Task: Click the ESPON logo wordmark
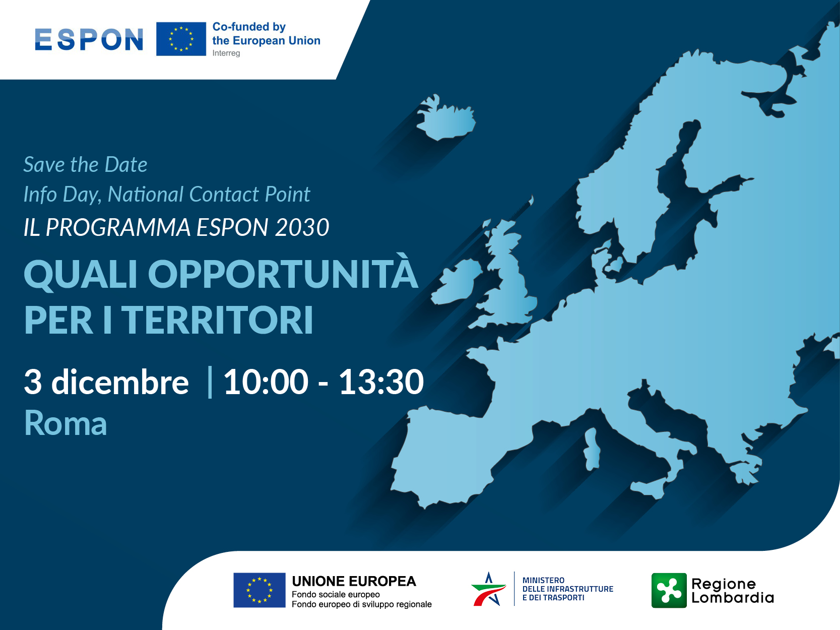coord(89,39)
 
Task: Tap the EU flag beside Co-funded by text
coord(181,39)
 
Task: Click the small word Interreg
coord(226,53)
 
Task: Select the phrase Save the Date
coord(85,165)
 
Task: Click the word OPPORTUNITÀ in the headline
coord(282,275)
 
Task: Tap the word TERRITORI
coord(218,321)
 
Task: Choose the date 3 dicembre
coord(106,382)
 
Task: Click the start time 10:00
coord(266,382)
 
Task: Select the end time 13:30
coord(381,382)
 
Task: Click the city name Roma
coord(66,423)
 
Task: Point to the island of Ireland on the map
coord(456,282)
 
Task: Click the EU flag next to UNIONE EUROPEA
coord(259,590)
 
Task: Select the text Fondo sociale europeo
coord(336,595)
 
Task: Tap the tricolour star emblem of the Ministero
coord(488,589)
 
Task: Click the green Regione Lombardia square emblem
coord(669,590)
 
